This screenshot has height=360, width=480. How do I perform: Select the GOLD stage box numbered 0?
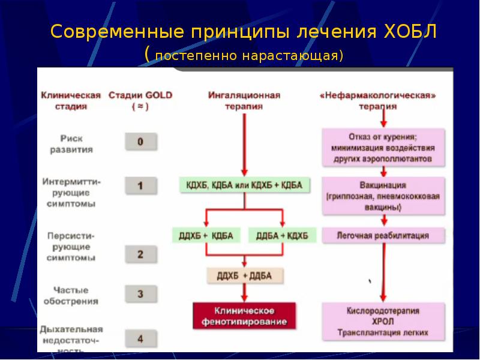(x=140, y=142)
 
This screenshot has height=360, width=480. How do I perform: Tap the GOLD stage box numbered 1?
(x=140, y=185)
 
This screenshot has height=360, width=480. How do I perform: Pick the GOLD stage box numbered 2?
(x=140, y=254)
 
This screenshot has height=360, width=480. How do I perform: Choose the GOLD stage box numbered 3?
(x=140, y=294)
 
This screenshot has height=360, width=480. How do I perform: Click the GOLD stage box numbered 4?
(x=140, y=338)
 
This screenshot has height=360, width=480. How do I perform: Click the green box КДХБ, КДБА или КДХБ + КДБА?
(x=244, y=185)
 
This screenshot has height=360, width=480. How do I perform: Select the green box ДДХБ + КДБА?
(x=206, y=235)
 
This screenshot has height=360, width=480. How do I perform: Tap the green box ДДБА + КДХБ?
(x=282, y=235)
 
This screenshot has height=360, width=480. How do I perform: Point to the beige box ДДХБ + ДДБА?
(x=245, y=276)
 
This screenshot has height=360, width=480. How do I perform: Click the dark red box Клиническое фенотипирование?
(x=244, y=316)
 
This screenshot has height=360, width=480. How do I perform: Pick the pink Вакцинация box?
(x=383, y=196)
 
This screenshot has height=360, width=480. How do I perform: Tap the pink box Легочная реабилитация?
(x=383, y=236)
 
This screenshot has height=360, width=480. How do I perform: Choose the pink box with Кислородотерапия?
(x=383, y=322)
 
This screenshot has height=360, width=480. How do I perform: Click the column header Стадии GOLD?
(x=140, y=100)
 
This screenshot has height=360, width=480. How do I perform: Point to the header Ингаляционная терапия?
(x=244, y=100)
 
